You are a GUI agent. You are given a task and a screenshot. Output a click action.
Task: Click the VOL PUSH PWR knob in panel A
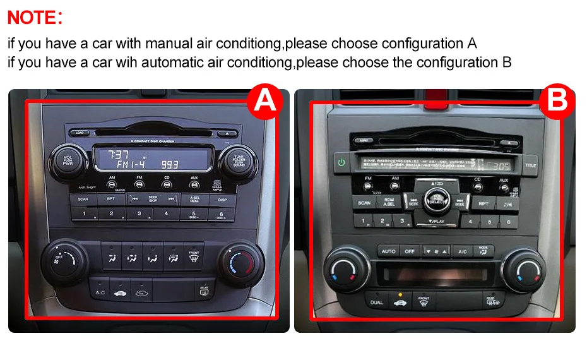pyautogui.click(x=67, y=161)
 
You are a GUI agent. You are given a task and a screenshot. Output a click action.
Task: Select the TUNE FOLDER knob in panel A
pyautogui.click(x=239, y=161)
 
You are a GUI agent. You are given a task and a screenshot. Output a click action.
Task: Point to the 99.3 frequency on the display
pyautogui.click(x=169, y=164)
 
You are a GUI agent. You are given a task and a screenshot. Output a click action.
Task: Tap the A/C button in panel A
pyautogui.click(x=100, y=292)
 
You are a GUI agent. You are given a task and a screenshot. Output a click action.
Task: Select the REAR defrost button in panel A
pyautogui.click(x=204, y=292)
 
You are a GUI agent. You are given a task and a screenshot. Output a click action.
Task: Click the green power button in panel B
pyautogui.click(x=341, y=162)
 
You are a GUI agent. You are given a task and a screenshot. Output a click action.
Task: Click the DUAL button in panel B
pyautogui.click(x=376, y=302)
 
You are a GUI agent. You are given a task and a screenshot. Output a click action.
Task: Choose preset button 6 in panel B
pyautogui.click(x=507, y=222)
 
